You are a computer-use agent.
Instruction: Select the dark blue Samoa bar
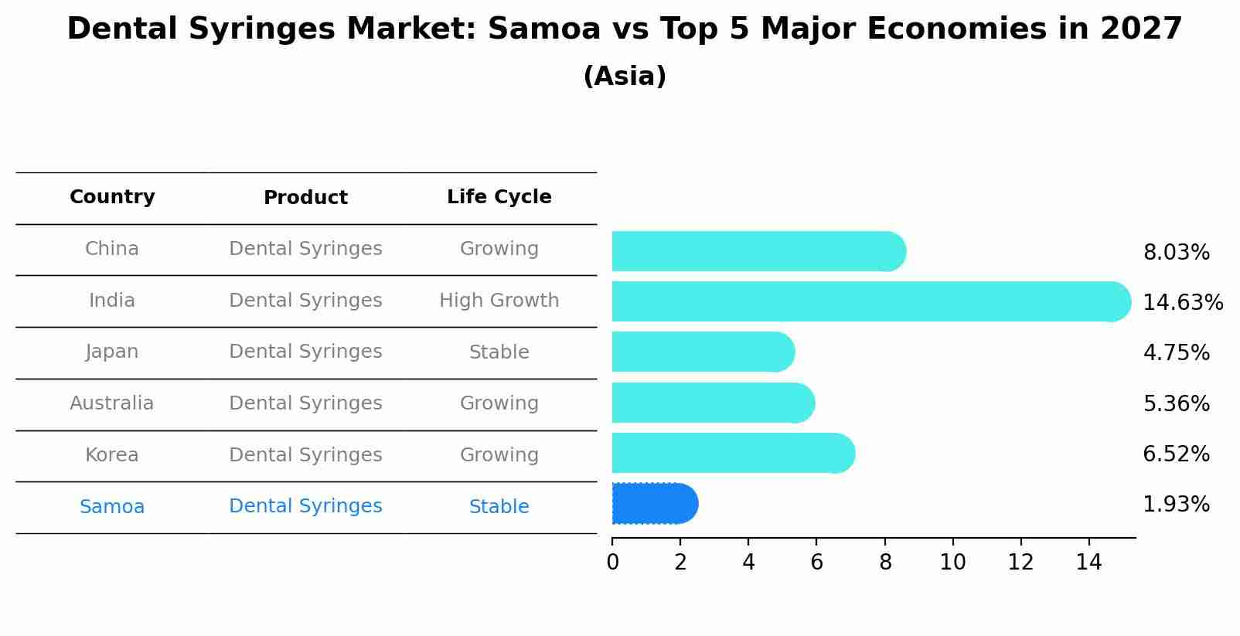click(x=654, y=504)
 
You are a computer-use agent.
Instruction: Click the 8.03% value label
click(x=1176, y=253)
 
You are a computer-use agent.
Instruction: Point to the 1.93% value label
click(x=1176, y=505)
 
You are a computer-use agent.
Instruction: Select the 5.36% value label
click(x=1176, y=403)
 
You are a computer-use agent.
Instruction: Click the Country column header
click(x=112, y=197)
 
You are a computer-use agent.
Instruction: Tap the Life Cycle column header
click(x=499, y=197)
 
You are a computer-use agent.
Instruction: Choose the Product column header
click(x=305, y=198)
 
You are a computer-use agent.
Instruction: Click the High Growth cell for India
click(x=499, y=301)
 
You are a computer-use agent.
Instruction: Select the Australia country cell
click(x=112, y=403)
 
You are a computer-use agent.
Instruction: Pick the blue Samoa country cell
click(x=112, y=507)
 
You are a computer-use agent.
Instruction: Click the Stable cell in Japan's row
click(x=499, y=352)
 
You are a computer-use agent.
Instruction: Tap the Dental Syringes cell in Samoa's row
click(x=305, y=506)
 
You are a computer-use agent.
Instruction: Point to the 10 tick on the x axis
click(x=952, y=563)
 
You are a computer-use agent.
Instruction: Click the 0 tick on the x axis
click(x=612, y=563)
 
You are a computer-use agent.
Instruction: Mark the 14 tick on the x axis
click(x=1088, y=563)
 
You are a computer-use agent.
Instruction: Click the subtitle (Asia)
click(x=625, y=77)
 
